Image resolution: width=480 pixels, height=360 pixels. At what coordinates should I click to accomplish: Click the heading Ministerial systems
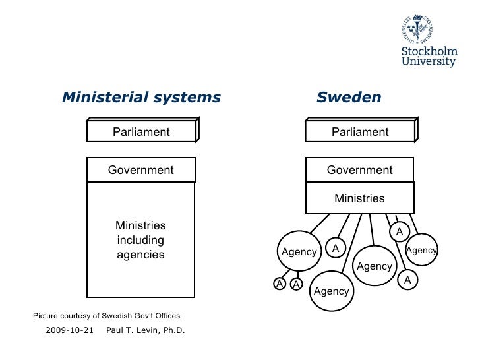coord(140,98)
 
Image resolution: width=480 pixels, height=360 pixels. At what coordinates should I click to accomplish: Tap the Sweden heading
coord(348,98)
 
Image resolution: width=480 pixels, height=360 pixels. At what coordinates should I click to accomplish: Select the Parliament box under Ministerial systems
coord(141,132)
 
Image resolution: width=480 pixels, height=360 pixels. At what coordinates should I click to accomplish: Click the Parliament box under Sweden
coord(360,132)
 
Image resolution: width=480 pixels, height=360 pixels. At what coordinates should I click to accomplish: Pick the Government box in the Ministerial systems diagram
coord(141,171)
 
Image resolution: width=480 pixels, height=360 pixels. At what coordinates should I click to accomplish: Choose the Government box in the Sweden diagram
coord(360,171)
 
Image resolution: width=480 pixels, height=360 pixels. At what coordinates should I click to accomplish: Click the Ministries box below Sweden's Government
coord(360,198)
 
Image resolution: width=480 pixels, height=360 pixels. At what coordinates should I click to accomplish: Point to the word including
coord(140,240)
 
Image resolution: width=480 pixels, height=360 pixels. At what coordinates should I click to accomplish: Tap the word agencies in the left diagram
coord(140,255)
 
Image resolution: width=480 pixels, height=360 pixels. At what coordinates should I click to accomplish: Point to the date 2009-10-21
coord(69,329)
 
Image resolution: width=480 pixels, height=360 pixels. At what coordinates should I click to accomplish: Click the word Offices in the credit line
coord(165,316)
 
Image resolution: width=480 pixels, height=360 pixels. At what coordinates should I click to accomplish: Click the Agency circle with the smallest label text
coord(421,250)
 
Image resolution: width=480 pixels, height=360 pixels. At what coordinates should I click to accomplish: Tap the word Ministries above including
coord(140,225)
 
